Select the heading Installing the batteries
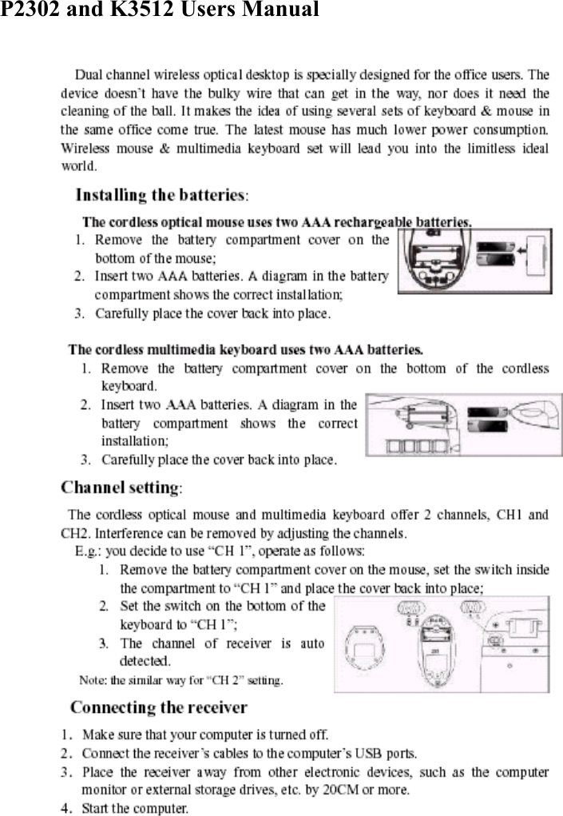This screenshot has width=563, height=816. click(x=161, y=195)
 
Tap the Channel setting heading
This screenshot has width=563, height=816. click(x=121, y=488)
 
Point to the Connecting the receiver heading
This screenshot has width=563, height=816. click(x=159, y=707)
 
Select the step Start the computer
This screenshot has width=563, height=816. click(x=135, y=808)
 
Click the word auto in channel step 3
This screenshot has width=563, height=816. click(x=314, y=643)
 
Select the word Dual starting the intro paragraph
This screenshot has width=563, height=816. click(x=88, y=75)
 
